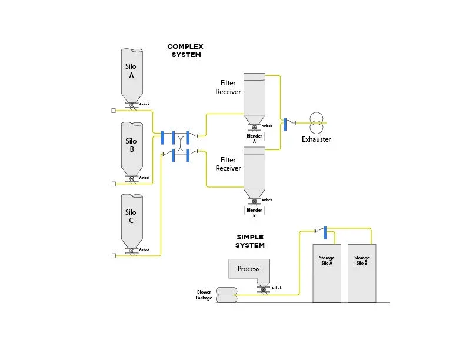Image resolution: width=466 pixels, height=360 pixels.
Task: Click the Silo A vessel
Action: [x=132, y=75]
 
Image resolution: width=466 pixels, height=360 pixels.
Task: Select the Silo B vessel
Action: [x=132, y=148]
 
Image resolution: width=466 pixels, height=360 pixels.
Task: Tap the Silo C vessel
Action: [x=132, y=221]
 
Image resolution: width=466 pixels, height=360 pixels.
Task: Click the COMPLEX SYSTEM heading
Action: [x=185, y=51]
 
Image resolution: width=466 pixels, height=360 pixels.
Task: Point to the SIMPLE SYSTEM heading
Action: [x=250, y=241]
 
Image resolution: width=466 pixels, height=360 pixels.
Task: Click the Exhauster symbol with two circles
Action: [x=317, y=123]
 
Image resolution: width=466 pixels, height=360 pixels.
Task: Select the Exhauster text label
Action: [x=316, y=139]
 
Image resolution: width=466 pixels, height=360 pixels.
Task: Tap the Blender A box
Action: [x=254, y=138]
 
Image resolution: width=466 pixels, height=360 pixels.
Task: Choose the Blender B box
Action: [x=254, y=212]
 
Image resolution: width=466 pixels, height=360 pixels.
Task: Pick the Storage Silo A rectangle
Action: [x=327, y=274]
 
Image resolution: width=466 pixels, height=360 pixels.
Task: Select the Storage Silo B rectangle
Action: [x=362, y=274]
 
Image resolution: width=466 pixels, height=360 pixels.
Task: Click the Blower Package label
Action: [x=204, y=295]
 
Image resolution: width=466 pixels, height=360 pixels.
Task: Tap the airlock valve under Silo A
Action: [x=132, y=105]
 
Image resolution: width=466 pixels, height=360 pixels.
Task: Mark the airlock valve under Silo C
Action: [x=132, y=251]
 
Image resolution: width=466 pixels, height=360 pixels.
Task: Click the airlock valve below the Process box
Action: [x=264, y=289]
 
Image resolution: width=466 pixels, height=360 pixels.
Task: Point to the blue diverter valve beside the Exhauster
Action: [x=285, y=124]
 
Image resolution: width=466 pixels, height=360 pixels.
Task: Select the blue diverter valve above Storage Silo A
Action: [x=325, y=232]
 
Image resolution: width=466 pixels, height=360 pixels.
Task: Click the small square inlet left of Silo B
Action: [x=114, y=184]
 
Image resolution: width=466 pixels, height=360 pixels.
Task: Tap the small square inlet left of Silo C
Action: [x=114, y=256]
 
